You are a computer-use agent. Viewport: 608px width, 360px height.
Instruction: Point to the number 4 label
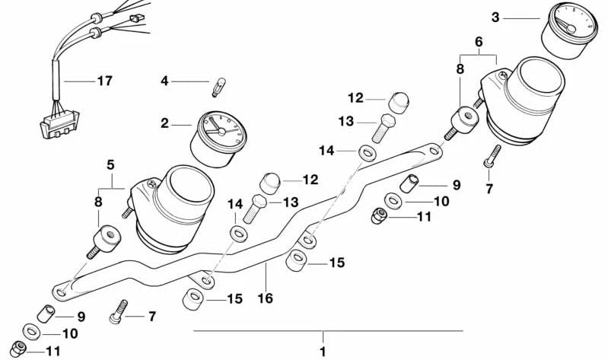[164, 80]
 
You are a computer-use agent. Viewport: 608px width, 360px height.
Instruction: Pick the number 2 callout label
[164, 122]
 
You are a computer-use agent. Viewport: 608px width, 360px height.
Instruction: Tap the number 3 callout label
[495, 16]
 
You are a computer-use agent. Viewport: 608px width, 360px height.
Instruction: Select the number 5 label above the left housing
[110, 164]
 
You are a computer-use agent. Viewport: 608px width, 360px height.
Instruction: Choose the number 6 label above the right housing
[478, 43]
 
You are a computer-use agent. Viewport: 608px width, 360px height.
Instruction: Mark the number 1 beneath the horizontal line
[323, 352]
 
